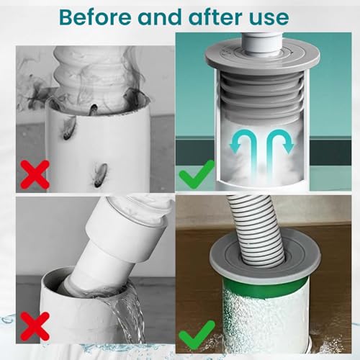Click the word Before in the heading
pos(96,17)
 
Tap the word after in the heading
pos(215,17)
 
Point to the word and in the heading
pos(161,17)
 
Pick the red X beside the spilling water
pos(35,326)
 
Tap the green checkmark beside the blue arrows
pos(197,174)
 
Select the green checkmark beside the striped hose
pos(197,334)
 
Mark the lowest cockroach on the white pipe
pos(99,175)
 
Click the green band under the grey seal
pos(264,287)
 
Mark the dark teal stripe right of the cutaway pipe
pos(330,153)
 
